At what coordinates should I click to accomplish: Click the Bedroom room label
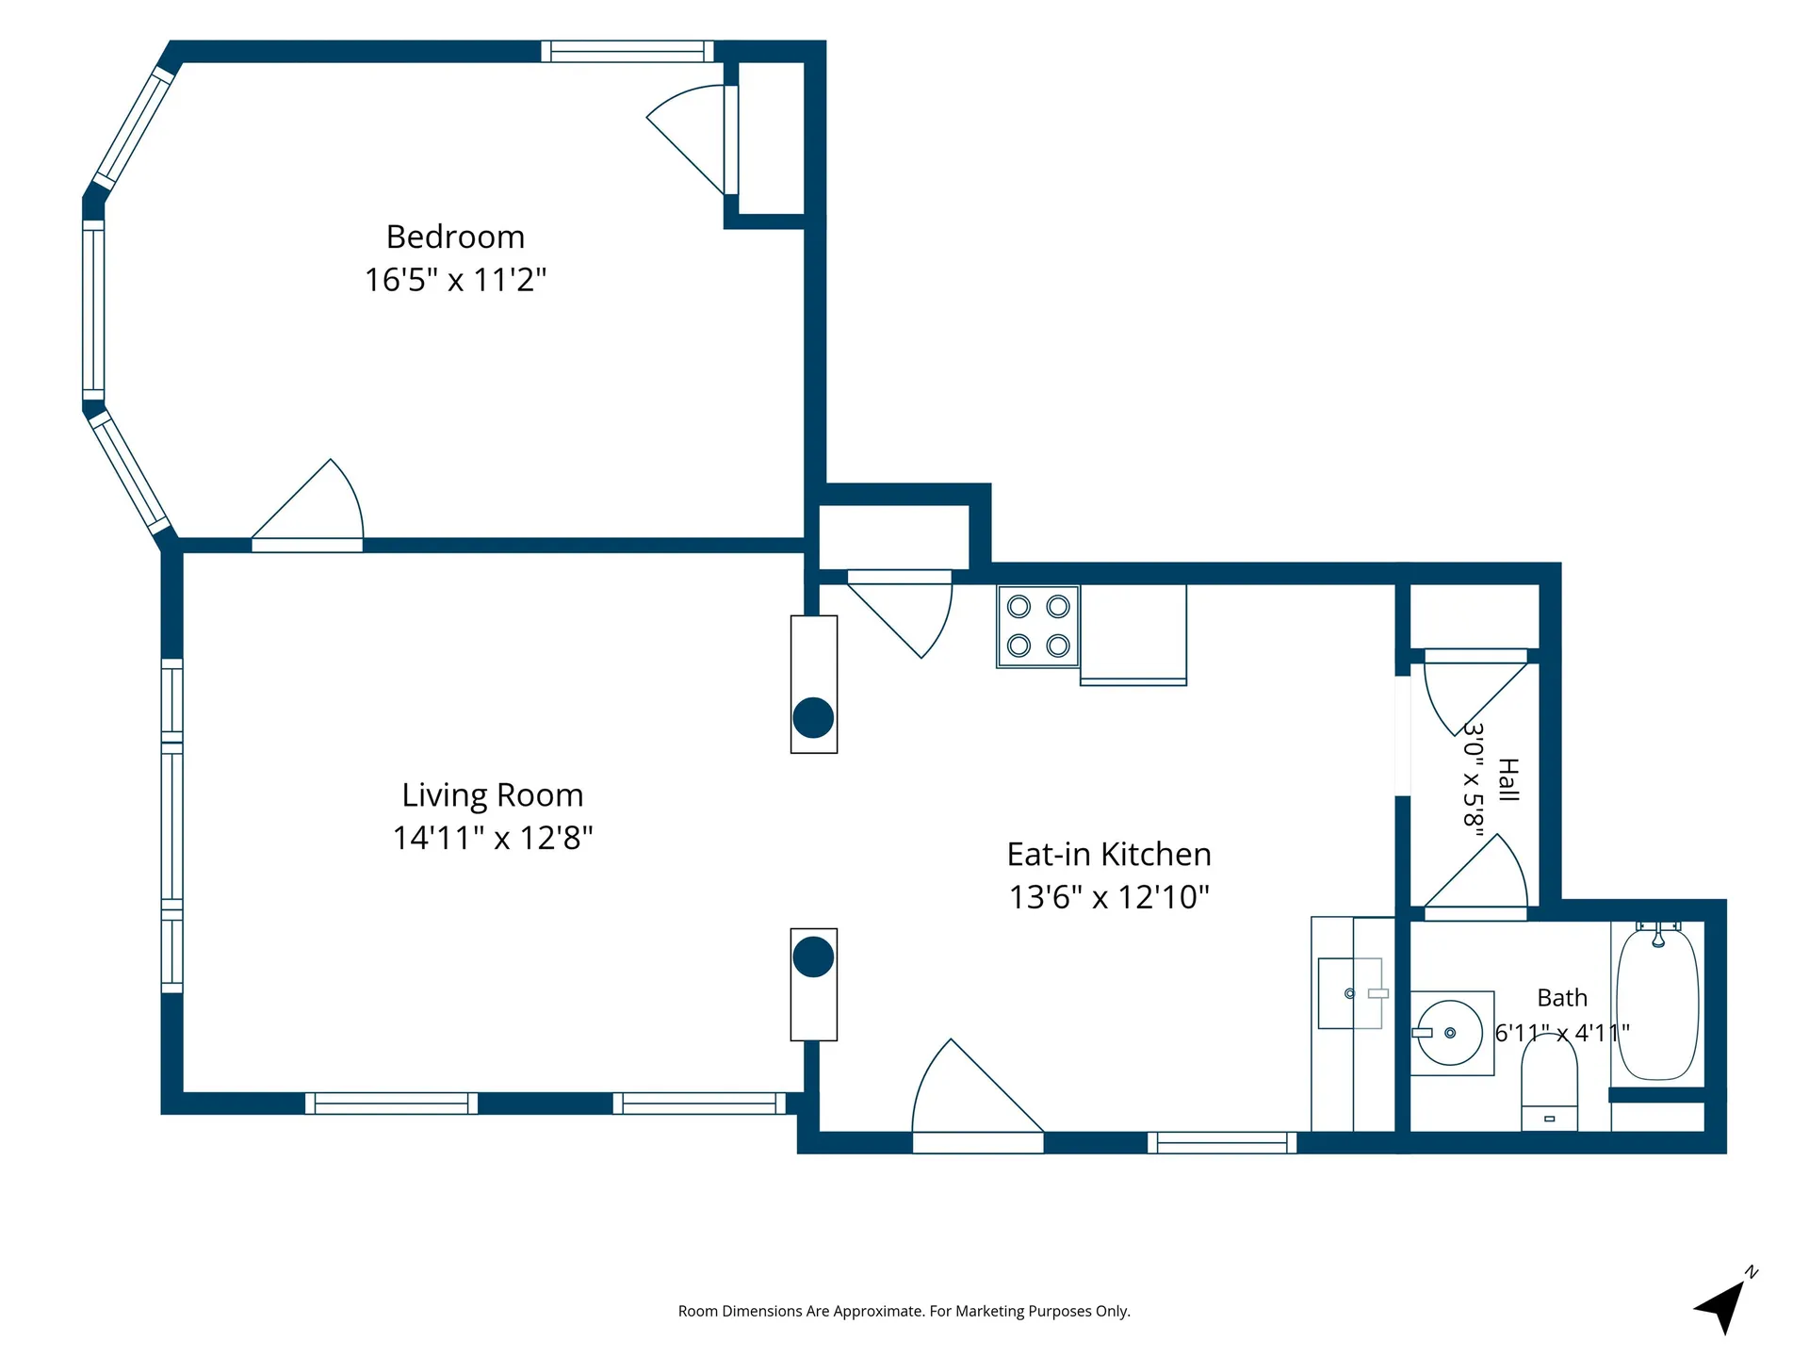click(x=455, y=237)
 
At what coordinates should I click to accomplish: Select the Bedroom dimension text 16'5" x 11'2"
click(x=455, y=280)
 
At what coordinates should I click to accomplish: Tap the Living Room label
click(x=493, y=794)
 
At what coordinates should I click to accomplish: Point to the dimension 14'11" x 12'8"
click(x=493, y=838)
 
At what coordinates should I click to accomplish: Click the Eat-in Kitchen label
click(x=1109, y=854)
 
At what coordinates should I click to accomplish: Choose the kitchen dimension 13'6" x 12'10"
click(x=1109, y=897)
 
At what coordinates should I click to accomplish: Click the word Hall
click(x=1508, y=779)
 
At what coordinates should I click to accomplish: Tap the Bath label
click(x=1562, y=997)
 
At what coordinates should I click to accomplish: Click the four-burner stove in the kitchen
click(x=1038, y=626)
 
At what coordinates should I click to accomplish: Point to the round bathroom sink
click(x=1450, y=1033)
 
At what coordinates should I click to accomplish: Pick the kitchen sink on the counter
click(x=1351, y=993)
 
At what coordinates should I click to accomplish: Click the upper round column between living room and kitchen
click(x=813, y=718)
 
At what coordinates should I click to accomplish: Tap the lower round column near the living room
click(x=813, y=957)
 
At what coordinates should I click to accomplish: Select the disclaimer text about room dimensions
click(x=904, y=1311)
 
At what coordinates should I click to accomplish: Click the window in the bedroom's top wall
click(x=627, y=51)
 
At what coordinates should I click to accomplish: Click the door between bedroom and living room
click(x=307, y=505)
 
